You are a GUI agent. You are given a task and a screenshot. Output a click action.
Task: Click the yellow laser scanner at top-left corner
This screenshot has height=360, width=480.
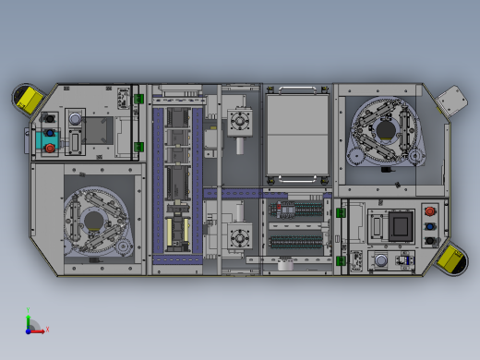(28, 98)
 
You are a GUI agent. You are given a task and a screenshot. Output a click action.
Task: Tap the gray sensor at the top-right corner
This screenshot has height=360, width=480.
(452, 101)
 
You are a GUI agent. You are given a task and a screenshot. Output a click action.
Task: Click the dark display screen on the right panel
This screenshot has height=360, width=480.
(401, 227)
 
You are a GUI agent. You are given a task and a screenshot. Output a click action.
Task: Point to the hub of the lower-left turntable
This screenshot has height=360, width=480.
(94, 220)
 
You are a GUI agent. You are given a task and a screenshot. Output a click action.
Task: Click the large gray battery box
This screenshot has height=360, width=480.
(297, 135)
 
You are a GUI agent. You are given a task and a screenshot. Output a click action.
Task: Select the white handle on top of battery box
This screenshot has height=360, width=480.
(297, 90)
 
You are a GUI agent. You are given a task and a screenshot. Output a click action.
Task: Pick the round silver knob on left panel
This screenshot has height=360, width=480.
(75, 120)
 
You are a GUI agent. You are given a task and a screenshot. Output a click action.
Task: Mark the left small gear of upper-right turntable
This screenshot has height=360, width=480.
(355, 157)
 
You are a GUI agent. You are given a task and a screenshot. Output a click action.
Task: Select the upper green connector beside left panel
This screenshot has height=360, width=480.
(139, 99)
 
